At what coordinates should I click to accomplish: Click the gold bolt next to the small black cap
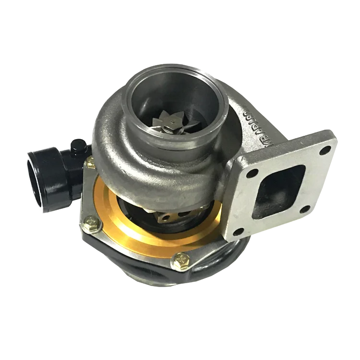90,163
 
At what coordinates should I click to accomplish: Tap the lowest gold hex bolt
182,261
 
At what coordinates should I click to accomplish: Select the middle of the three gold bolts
90,221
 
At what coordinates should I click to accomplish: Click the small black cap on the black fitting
78,145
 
